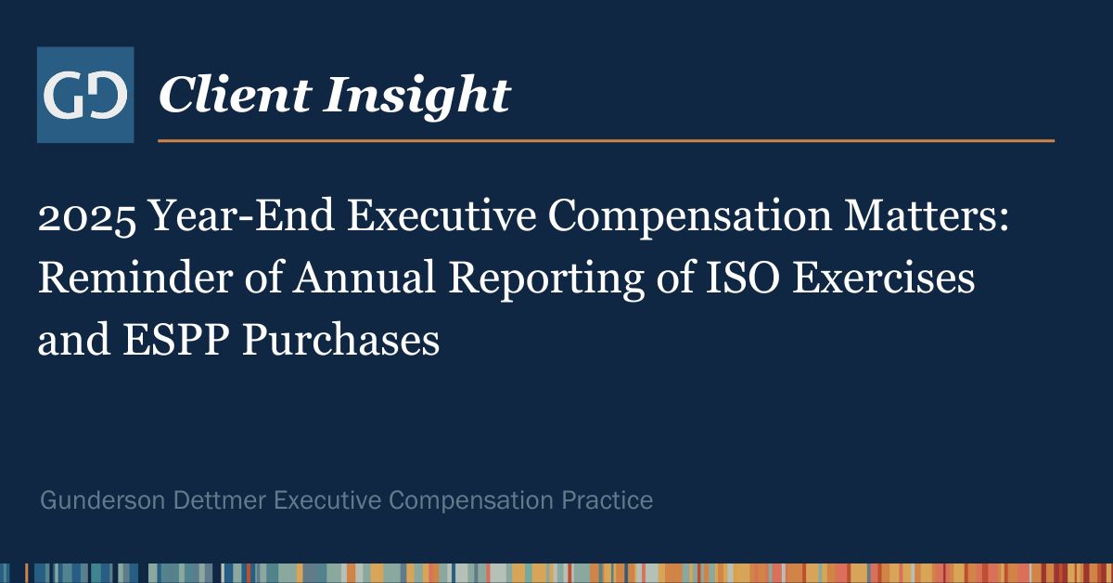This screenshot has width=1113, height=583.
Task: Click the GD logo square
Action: coord(85,95)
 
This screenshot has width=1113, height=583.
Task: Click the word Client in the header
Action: coord(236,95)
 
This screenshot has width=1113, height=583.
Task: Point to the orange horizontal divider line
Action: coord(607,141)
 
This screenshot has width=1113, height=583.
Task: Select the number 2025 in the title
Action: coord(87,217)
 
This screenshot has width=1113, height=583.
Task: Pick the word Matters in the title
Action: coord(920,216)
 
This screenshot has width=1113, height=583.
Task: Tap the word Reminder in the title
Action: coord(135,278)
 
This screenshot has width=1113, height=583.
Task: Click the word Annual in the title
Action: coord(365,278)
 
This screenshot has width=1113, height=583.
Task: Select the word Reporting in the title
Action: coord(546,281)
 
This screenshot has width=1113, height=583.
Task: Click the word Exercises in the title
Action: coord(883,278)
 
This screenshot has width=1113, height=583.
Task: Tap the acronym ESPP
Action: coord(176,339)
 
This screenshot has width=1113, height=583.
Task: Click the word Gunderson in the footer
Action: coord(102,500)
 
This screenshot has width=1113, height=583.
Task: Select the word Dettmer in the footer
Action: coord(220,500)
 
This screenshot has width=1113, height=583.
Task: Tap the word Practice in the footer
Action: coord(608,500)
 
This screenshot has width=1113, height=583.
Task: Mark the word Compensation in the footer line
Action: coord(471,501)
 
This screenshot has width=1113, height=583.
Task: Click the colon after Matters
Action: coord(1004,221)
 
